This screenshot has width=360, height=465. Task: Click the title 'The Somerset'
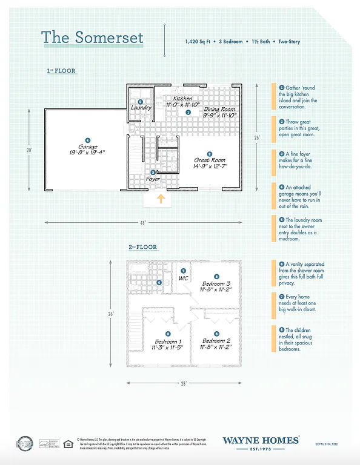click(x=92, y=38)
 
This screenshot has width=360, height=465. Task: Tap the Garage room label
click(x=87, y=147)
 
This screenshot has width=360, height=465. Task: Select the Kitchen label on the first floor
click(x=182, y=98)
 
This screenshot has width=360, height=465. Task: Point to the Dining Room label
click(x=219, y=109)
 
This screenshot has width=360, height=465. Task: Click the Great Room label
click(x=210, y=160)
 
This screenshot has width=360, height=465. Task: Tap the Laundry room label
click(x=141, y=108)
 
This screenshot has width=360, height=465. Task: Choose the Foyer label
click(x=153, y=179)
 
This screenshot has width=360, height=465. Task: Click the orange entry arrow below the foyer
click(x=161, y=199)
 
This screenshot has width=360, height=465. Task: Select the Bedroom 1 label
click(x=167, y=341)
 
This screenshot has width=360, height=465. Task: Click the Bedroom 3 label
click(x=216, y=283)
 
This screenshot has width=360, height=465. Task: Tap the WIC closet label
click(x=184, y=278)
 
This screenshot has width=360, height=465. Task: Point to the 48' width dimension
click(x=144, y=223)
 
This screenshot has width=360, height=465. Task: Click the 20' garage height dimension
click(x=28, y=150)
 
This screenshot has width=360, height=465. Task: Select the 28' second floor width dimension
click(x=183, y=383)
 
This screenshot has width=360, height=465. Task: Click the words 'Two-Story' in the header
click(x=289, y=42)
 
